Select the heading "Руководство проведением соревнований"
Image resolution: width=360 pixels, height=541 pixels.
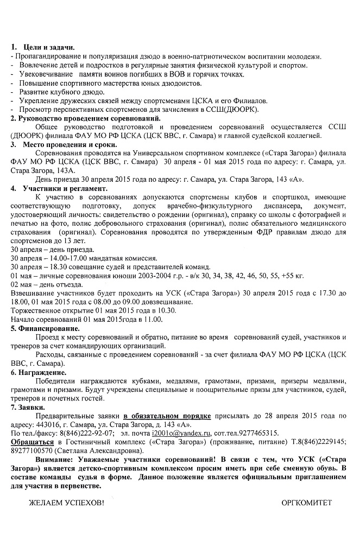coord(81,118)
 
